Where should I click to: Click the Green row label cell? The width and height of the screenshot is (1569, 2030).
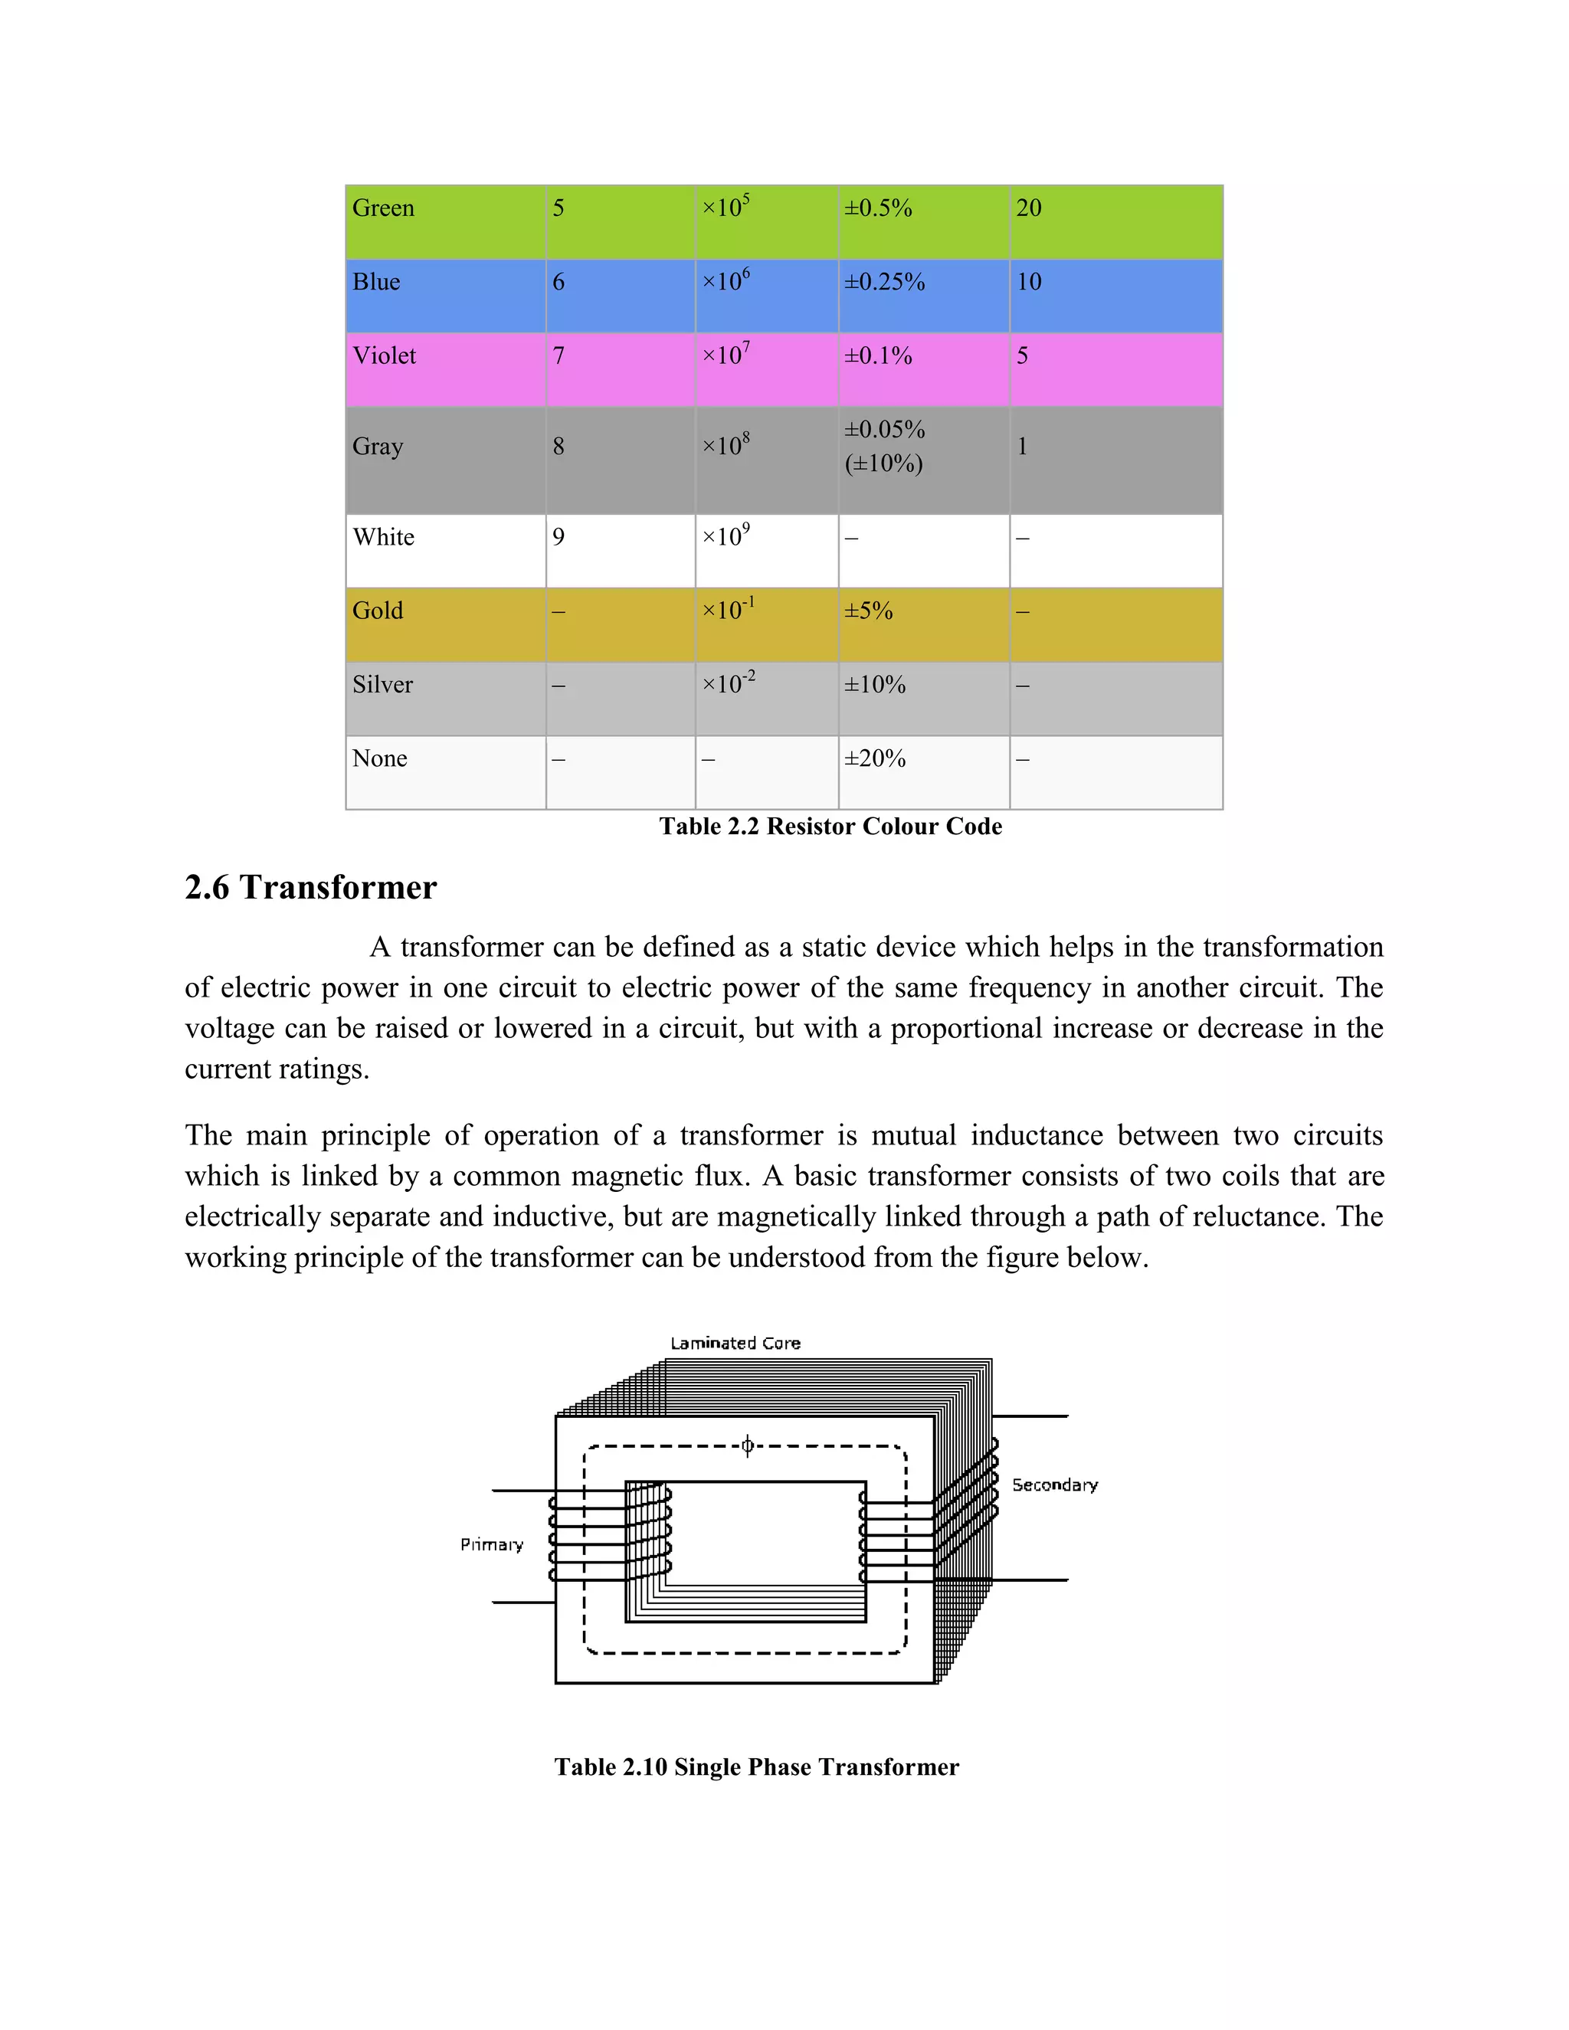pos(383,208)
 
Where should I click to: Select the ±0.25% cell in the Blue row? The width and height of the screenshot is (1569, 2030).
pos(884,282)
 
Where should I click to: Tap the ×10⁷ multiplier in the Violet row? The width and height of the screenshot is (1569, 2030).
pos(725,355)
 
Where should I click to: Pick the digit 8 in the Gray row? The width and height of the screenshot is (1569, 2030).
pos(558,446)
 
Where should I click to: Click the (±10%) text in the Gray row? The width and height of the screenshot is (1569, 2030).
pos(883,463)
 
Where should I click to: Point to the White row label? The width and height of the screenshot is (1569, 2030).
pos(383,537)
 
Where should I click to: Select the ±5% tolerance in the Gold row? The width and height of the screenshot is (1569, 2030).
pos(868,611)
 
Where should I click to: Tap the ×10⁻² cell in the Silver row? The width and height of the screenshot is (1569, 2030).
pos(728,684)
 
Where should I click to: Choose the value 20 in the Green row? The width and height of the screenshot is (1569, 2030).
pos(1028,208)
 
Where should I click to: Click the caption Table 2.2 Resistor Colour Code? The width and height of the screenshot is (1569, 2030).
pos(830,827)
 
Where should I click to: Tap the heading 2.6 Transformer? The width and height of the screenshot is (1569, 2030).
pos(310,888)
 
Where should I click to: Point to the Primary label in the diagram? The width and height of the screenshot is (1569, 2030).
pos(492,1545)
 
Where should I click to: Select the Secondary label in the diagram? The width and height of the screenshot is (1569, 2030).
pos(1055,1485)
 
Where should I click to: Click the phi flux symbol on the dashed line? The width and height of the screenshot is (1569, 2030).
pos(747,1446)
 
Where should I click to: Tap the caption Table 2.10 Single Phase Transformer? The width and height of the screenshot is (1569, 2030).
pos(755,1767)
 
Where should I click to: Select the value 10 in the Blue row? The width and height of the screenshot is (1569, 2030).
pos(1028,282)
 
